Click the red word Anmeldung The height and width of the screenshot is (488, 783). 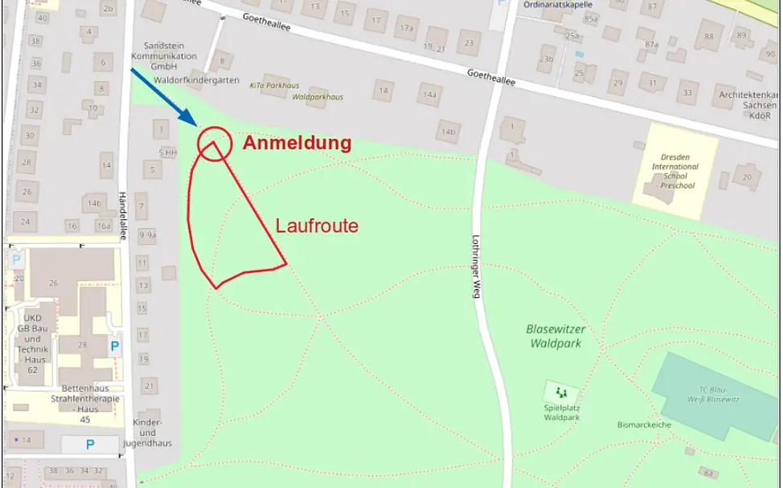(297, 143)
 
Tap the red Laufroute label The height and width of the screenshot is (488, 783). (317, 226)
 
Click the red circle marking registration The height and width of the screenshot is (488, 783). (213, 144)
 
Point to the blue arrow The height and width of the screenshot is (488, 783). (165, 96)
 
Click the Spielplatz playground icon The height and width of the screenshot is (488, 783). (561, 392)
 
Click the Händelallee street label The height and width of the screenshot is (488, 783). (123, 215)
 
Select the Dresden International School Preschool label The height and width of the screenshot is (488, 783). (674, 171)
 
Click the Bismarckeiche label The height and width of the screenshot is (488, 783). (645, 424)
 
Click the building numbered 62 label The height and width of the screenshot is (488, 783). (32, 370)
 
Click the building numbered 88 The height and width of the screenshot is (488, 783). (708, 36)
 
